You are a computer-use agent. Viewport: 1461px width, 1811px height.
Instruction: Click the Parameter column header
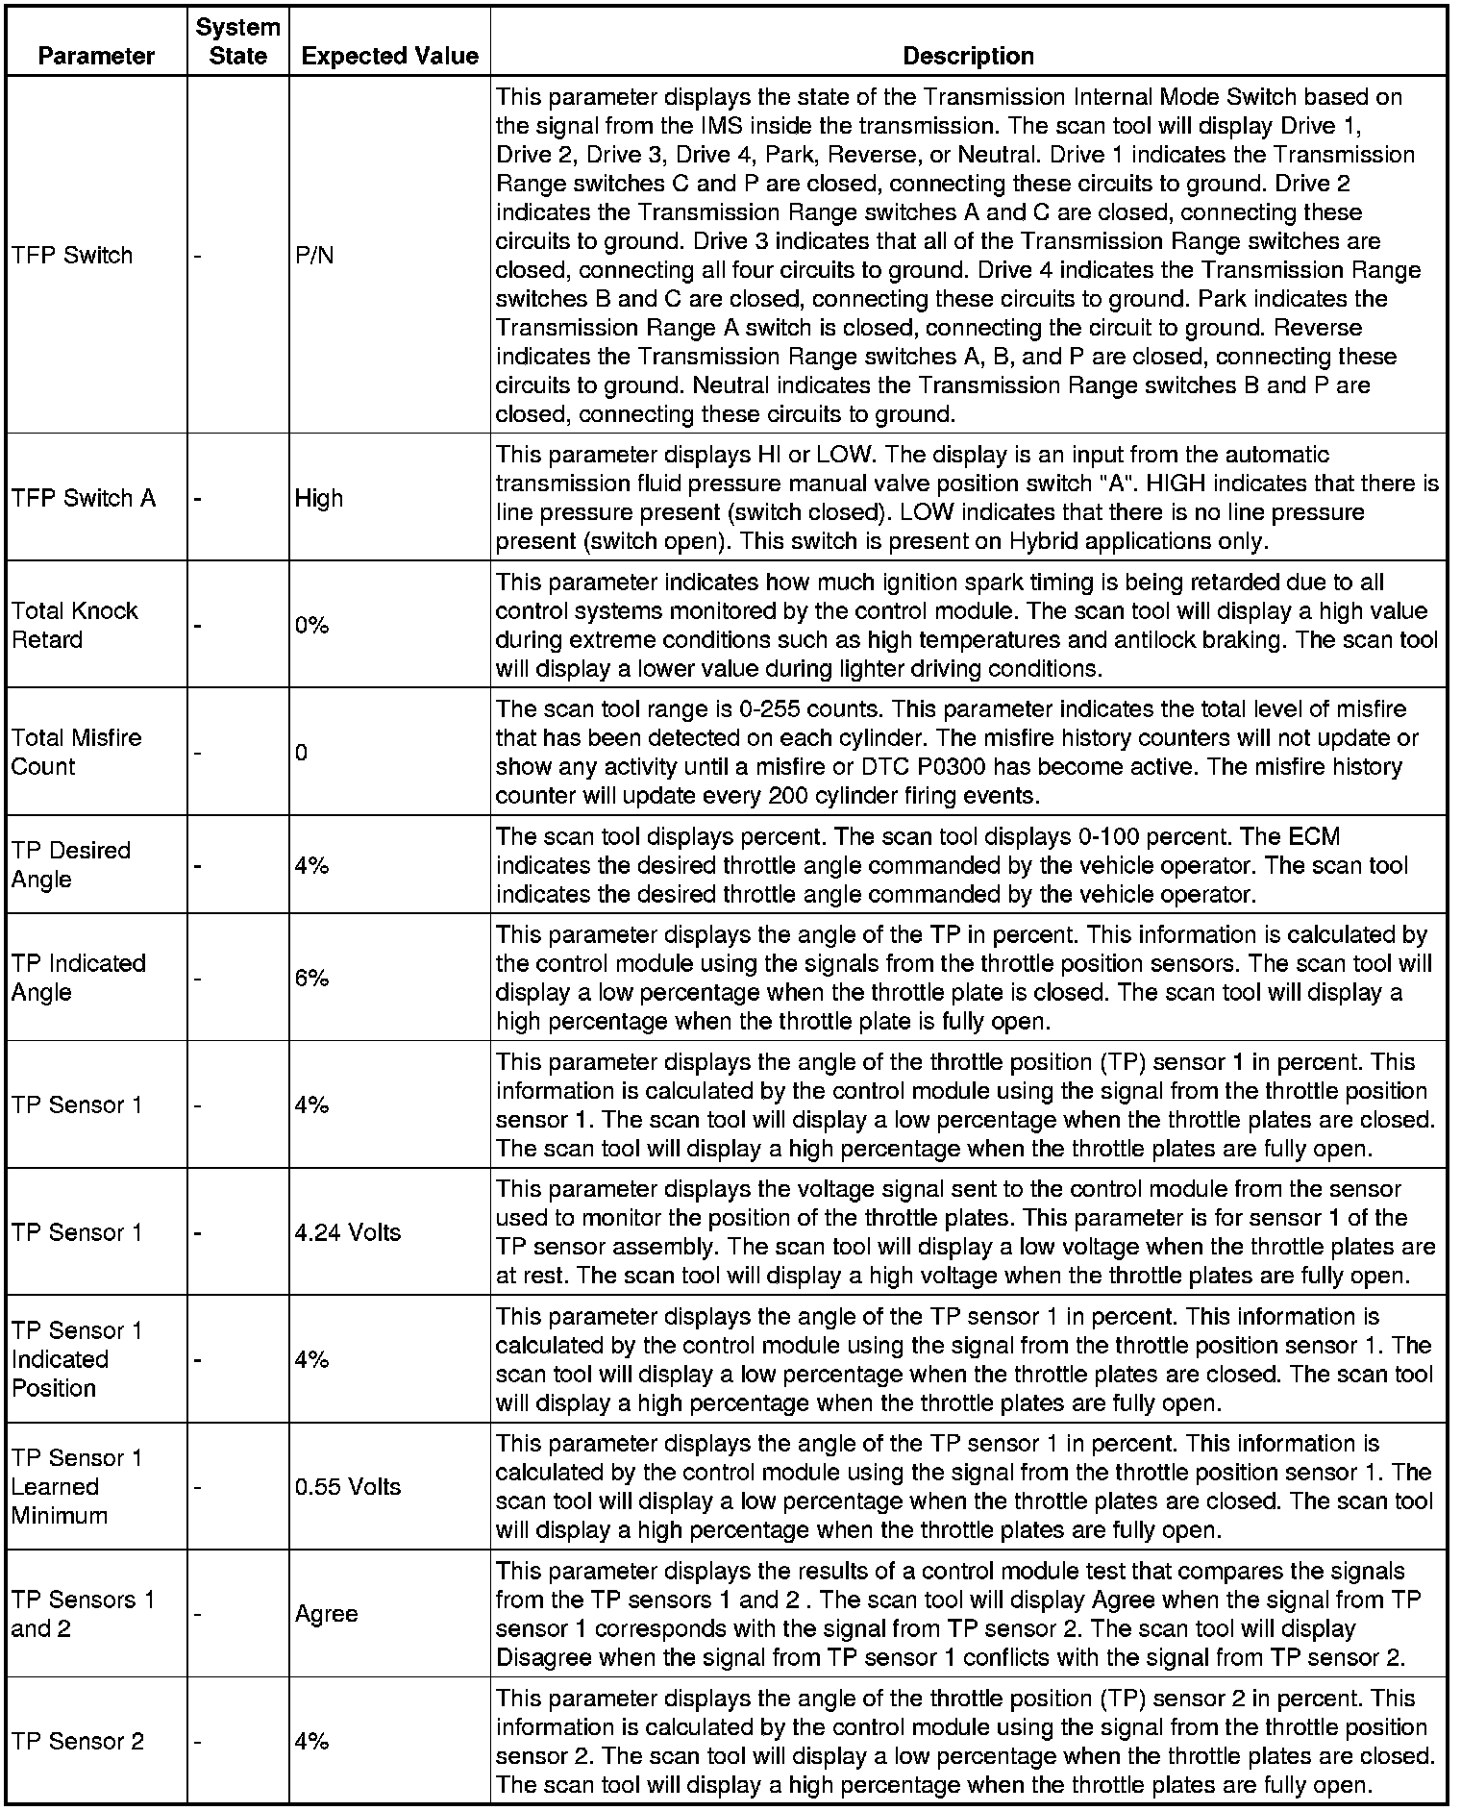pos(96,56)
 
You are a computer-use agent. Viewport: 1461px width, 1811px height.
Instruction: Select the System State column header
pos(237,41)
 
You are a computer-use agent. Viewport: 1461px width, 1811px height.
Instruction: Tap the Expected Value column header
pos(389,56)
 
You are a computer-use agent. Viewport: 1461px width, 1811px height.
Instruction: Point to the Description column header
pos(968,56)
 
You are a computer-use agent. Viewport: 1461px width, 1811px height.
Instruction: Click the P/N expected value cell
pos(314,256)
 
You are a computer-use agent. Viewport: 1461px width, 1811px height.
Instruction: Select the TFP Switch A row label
pos(84,498)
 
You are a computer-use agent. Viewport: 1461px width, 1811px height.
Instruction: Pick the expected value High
pos(319,498)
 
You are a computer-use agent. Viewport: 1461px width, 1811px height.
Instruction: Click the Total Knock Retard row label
pos(75,625)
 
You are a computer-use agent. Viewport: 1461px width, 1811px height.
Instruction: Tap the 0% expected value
pos(312,626)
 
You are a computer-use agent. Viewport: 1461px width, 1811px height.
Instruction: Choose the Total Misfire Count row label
pos(76,752)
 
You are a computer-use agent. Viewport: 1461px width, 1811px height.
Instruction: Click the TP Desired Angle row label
pos(70,864)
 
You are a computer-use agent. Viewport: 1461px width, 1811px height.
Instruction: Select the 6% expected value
pos(312,978)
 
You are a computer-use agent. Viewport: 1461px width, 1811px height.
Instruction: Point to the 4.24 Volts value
pos(348,1232)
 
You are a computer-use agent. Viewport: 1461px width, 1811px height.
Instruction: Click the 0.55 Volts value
pos(348,1486)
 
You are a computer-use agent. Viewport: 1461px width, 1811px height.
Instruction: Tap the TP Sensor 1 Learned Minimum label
pos(76,1486)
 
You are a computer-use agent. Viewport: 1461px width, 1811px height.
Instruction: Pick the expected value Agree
pos(327,1614)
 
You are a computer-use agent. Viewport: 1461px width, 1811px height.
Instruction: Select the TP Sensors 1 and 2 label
pos(83,1614)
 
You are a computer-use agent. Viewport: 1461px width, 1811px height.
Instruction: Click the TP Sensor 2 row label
pos(78,1741)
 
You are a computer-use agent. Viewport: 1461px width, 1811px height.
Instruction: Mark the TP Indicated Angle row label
pos(78,978)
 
